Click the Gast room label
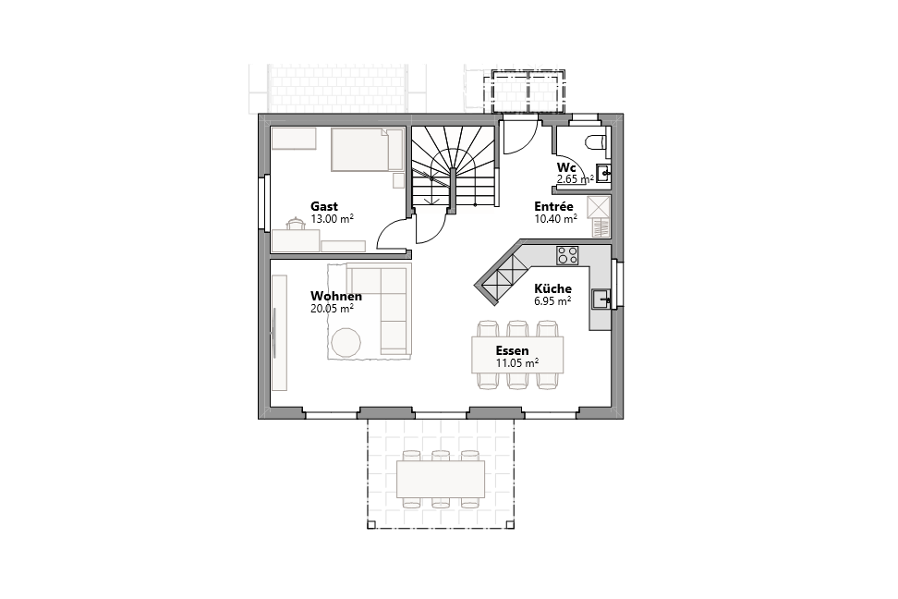click(x=324, y=206)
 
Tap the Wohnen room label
click(x=336, y=296)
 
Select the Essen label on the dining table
click(x=512, y=350)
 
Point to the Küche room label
click(x=552, y=288)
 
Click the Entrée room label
click(x=554, y=206)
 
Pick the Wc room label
click(x=566, y=166)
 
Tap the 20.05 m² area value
click(x=333, y=309)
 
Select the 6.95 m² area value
click(x=552, y=300)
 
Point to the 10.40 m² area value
click(x=556, y=219)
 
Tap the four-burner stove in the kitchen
click(x=567, y=253)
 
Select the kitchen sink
click(x=601, y=298)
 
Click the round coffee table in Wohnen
click(x=347, y=342)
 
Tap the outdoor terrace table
click(x=441, y=480)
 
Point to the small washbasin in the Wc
click(x=603, y=172)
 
